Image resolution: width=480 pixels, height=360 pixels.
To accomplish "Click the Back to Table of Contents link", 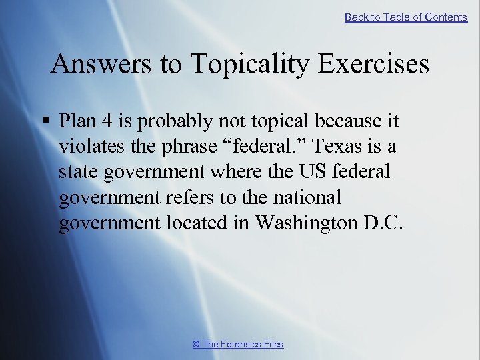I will [x=405, y=17].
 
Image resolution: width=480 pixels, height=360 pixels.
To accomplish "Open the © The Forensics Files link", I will [x=237, y=344].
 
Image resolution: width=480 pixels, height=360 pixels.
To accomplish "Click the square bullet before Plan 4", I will [x=46, y=121].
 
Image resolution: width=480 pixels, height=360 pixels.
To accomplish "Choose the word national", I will [x=308, y=198].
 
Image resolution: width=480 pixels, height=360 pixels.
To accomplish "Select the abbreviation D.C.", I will [x=384, y=223].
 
